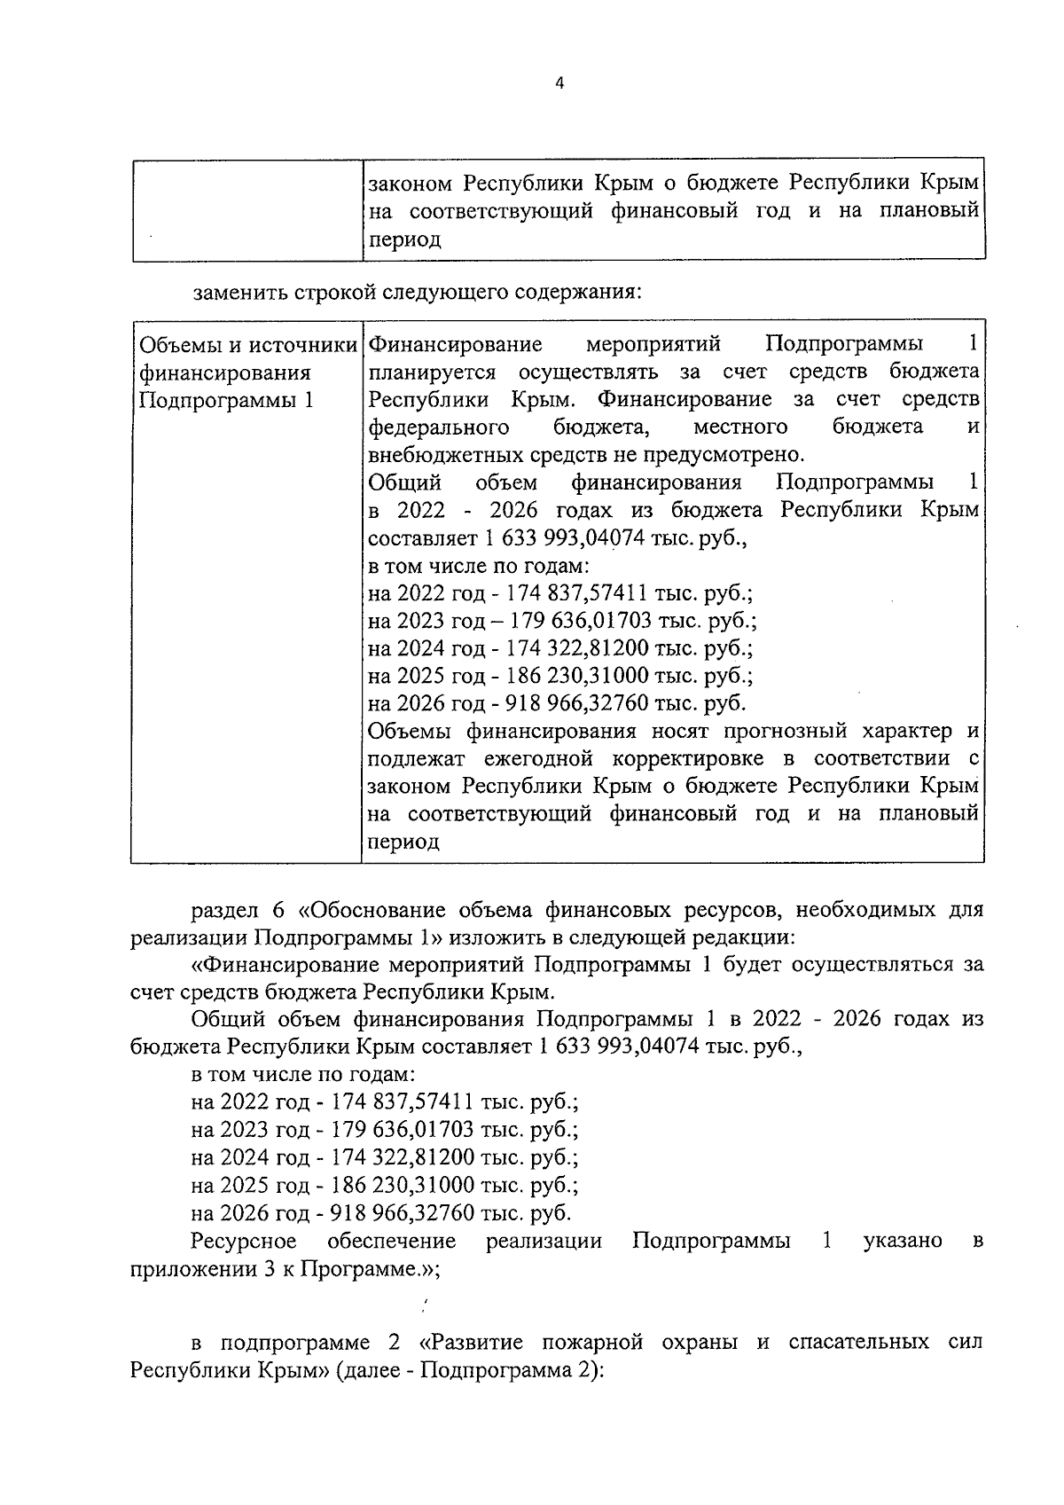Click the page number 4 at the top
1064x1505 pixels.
point(558,83)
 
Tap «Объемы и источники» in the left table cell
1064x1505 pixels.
point(247,344)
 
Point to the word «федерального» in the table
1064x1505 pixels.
point(438,427)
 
